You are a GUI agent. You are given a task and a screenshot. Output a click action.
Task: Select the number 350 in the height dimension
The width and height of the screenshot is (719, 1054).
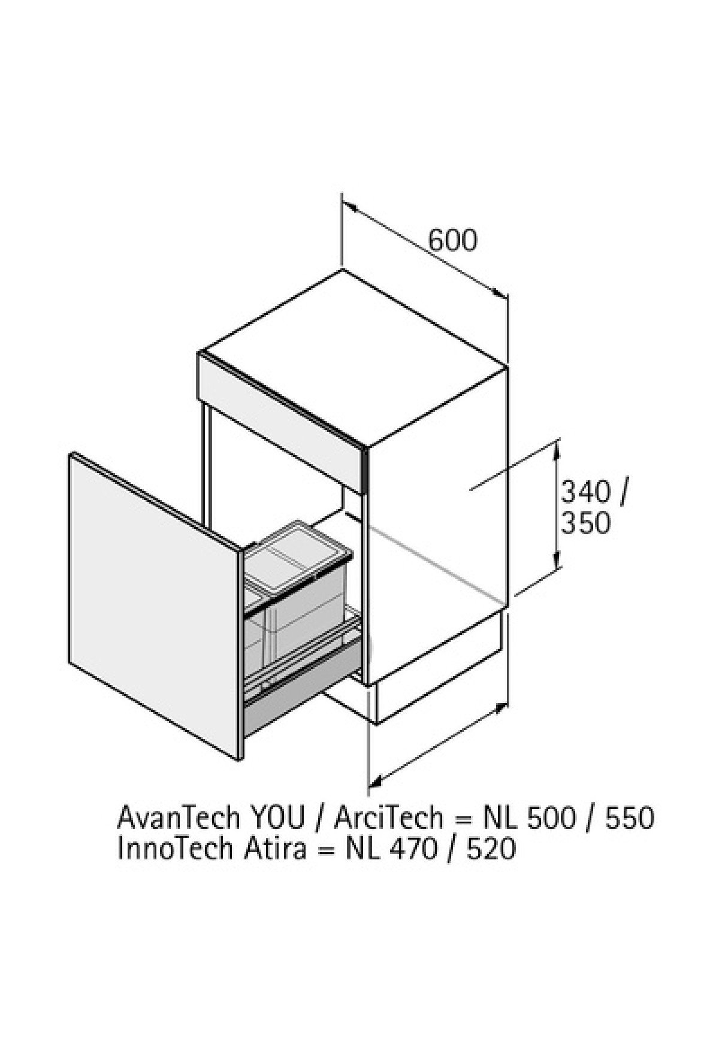(585, 523)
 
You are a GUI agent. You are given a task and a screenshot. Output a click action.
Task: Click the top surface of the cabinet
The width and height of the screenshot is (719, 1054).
(354, 357)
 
